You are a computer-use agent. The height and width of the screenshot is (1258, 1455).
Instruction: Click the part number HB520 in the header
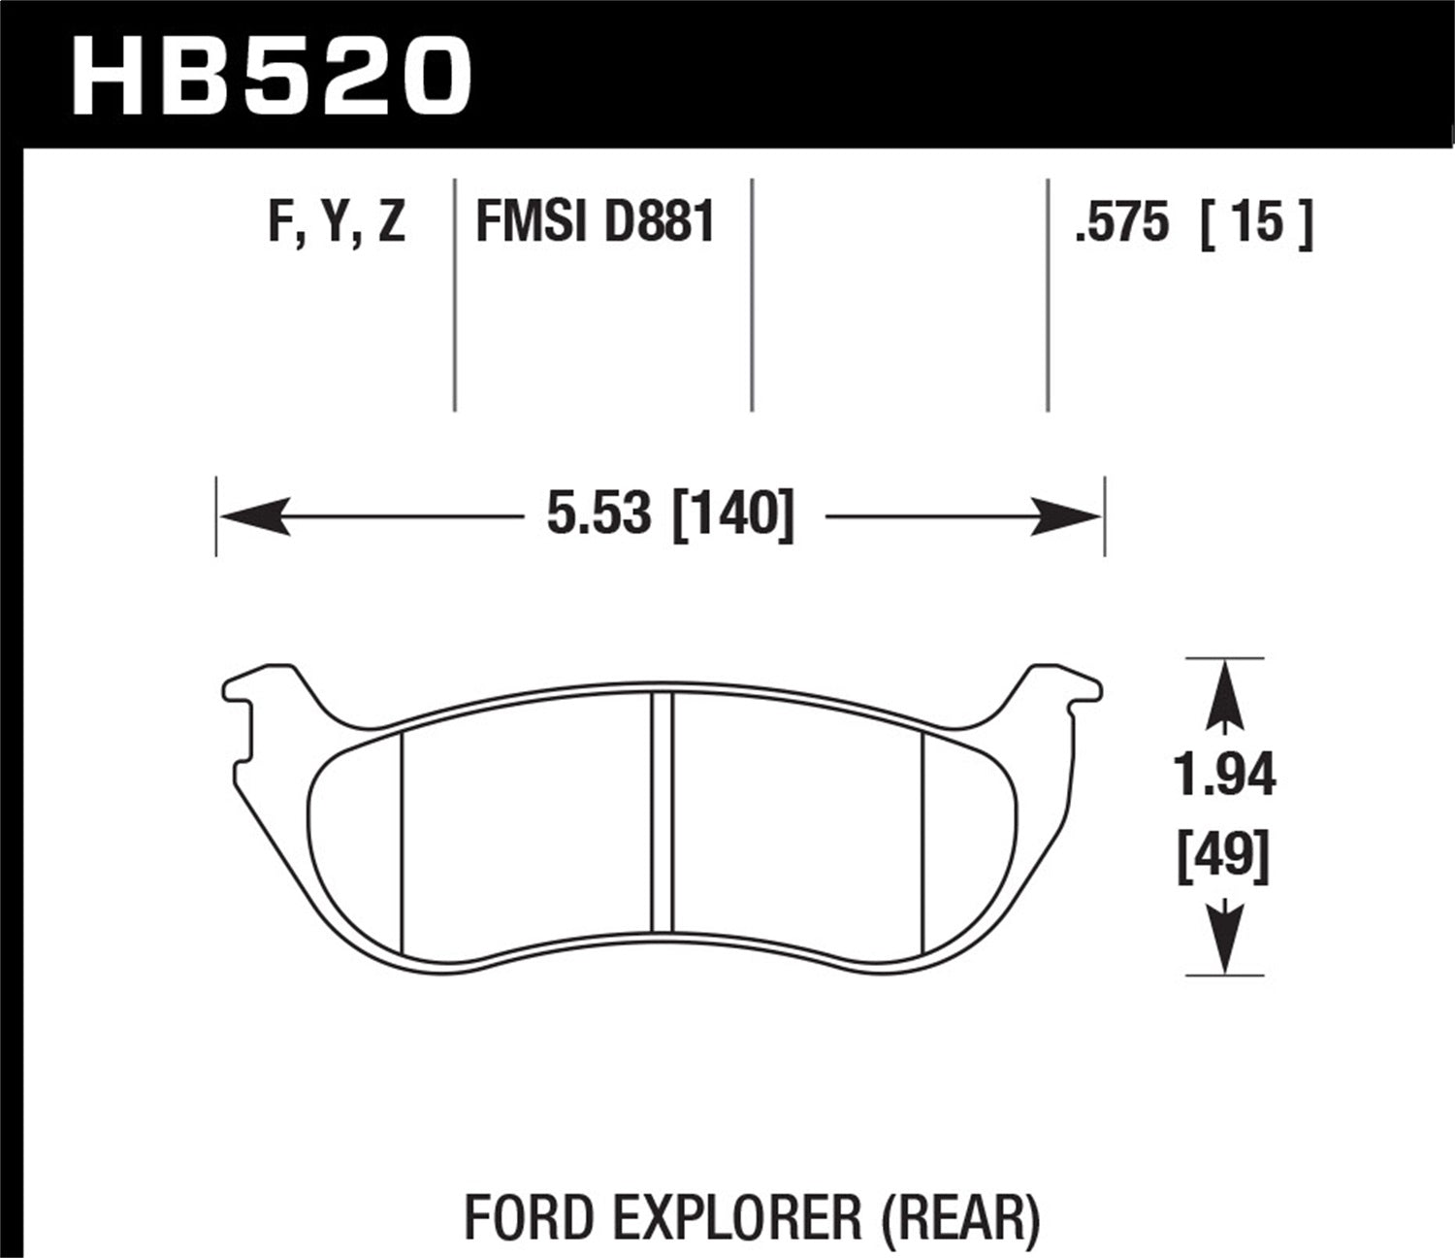point(272,75)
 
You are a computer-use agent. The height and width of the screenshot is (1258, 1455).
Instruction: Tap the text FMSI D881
point(595,223)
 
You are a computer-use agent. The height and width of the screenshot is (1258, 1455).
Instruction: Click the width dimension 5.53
point(598,513)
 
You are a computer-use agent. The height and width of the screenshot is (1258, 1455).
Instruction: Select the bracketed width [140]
point(732,513)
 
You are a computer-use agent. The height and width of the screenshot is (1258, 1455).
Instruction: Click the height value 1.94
point(1224,776)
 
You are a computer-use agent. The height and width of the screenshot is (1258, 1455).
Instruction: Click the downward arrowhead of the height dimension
point(1226,938)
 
